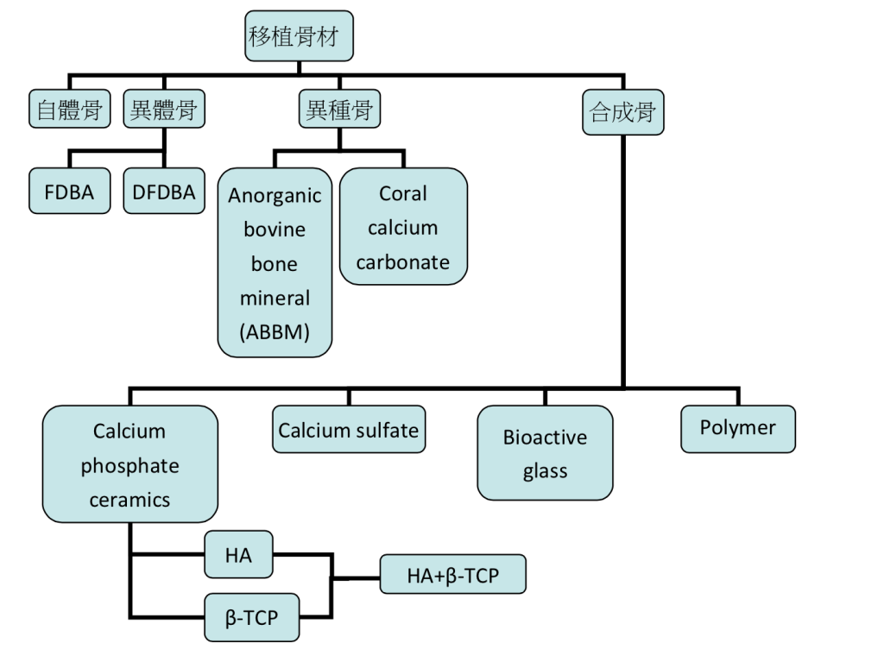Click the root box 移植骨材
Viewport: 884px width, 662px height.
(x=299, y=37)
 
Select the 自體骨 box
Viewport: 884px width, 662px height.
(x=70, y=110)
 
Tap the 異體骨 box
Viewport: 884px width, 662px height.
(x=163, y=110)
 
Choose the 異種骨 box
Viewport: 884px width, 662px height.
(x=341, y=110)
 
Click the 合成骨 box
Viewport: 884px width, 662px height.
(x=623, y=111)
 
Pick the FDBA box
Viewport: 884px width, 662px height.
(x=69, y=192)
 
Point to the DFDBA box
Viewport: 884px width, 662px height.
(x=164, y=192)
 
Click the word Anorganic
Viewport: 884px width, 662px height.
(x=275, y=195)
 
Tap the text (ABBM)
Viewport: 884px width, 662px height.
(x=275, y=332)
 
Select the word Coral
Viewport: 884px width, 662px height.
(x=403, y=193)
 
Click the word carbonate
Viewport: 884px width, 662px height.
(x=403, y=262)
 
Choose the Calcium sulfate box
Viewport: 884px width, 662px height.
(x=349, y=430)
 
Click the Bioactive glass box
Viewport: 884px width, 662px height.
(x=545, y=453)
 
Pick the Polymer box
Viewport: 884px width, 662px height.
(x=737, y=428)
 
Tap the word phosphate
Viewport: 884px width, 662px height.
(x=130, y=466)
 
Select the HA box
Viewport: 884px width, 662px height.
(x=238, y=555)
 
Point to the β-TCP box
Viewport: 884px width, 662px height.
(x=251, y=617)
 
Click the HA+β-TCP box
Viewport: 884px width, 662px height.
(x=452, y=575)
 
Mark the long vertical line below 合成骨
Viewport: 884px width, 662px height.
(x=623, y=259)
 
